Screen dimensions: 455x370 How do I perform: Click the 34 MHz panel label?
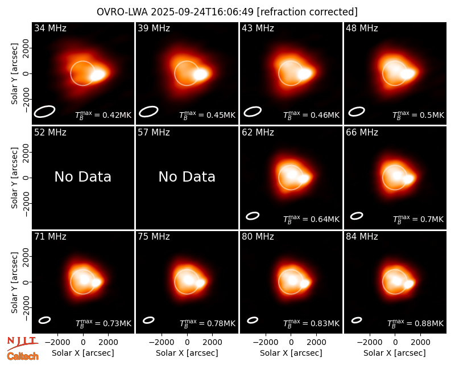coord(50,28)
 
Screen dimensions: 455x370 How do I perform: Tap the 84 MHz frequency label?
coord(362,236)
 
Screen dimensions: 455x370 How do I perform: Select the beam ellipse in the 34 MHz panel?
coord(44,112)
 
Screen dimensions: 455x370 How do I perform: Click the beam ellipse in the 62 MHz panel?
coord(253,216)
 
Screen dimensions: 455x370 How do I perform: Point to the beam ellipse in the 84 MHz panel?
coord(357,320)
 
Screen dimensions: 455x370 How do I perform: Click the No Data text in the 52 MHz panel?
coord(82,176)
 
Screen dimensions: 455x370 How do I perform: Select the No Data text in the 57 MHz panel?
coord(187,176)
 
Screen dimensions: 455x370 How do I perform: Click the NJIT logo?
coord(22,343)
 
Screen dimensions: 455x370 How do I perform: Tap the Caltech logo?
coord(23,356)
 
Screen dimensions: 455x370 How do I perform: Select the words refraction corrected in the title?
coord(307,12)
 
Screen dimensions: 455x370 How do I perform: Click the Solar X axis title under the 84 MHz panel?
coord(395,353)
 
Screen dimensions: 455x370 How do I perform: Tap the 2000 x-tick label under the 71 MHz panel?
coord(109,342)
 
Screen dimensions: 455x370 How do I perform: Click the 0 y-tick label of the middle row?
coord(26,178)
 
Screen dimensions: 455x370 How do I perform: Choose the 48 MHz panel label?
coord(362,28)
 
